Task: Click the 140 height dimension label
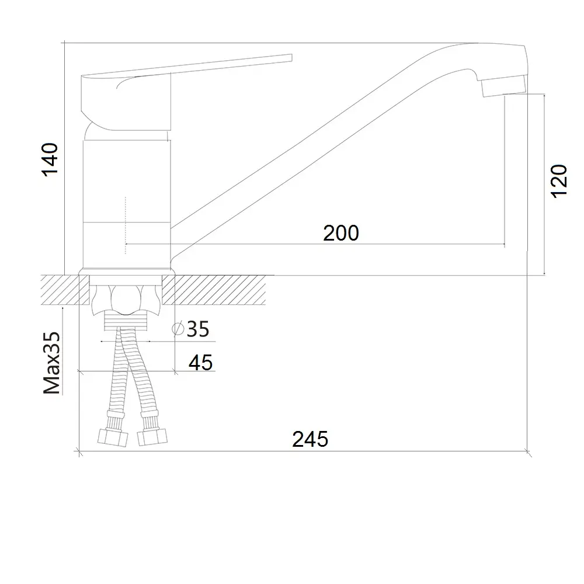(50, 159)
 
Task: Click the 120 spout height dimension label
(559, 182)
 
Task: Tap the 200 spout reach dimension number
(341, 233)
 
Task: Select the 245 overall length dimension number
(310, 439)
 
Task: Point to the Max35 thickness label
(51, 363)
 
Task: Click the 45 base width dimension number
(201, 363)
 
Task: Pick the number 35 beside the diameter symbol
(198, 329)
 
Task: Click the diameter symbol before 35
(178, 328)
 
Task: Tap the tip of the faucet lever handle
(291, 58)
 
